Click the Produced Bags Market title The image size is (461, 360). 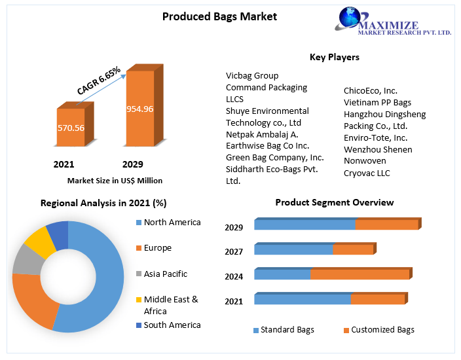(219, 16)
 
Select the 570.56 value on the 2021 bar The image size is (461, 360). (71, 128)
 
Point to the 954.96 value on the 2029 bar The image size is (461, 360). (139, 109)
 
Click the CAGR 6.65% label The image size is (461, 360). (98, 81)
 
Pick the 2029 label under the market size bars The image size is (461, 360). (132, 164)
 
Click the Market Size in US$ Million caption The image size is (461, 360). (115, 180)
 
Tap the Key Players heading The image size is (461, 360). (334, 58)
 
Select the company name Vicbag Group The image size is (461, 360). (252, 76)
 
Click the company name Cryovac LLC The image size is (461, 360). (367, 173)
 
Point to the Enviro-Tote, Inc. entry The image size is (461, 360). (376, 138)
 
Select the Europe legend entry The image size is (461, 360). (157, 248)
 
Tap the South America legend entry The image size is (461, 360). (172, 325)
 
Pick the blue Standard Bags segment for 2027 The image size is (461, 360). (293, 249)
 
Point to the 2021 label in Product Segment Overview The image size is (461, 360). (234, 302)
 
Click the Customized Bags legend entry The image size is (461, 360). (382, 330)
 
